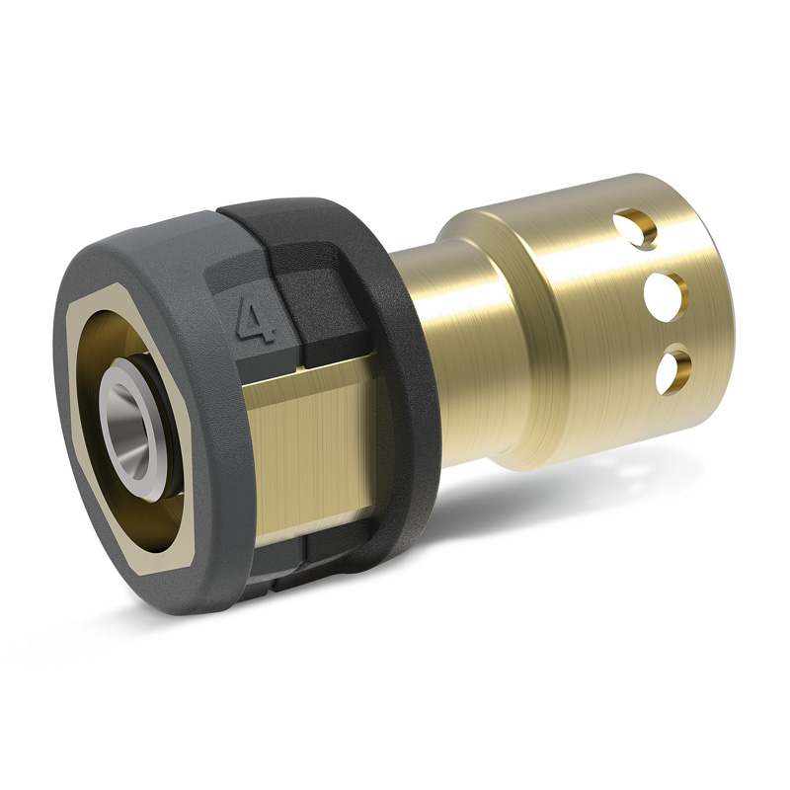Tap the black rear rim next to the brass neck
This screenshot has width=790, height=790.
(405, 395)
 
